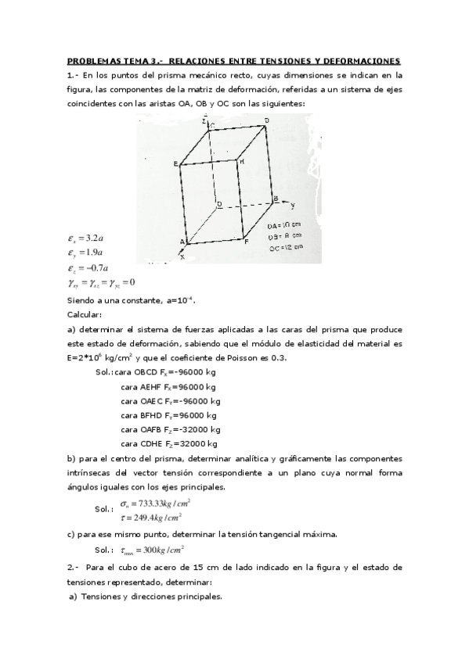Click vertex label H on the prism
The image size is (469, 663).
pyautogui.click(x=243, y=162)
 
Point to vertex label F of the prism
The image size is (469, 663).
pyautogui.click(x=247, y=243)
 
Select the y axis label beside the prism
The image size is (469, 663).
pyautogui.click(x=292, y=206)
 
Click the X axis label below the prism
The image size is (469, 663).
pyautogui.click(x=183, y=256)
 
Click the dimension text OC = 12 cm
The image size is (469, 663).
pyautogui.click(x=285, y=247)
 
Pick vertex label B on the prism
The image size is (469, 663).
pyautogui.click(x=275, y=199)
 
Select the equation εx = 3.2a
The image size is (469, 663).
pyautogui.click(x=86, y=238)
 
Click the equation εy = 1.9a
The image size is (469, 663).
pyautogui.click(x=86, y=253)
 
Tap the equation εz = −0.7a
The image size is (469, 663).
pyautogui.click(x=88, y=268)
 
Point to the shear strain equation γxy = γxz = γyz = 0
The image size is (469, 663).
pyautogui.click(x=102, y=283)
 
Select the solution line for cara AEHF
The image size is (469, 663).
pyautogui.click(x=168, y=386)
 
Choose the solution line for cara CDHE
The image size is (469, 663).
pyautogui.click(x=169, y=443)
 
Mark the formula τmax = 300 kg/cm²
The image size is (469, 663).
pyautogui.click(x=150, y=550)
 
